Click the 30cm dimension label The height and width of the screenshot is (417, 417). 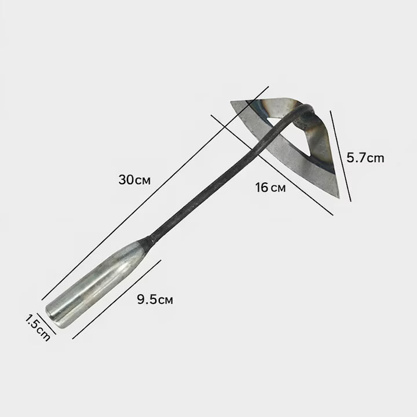(x=134, y=180)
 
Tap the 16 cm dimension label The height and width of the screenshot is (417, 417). (x=270, y=188)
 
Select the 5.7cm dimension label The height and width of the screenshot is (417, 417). (x=365, y=158)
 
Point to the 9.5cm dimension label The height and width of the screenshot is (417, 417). (x=155, y=299)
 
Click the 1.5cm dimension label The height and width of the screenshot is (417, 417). (x=38, y=328)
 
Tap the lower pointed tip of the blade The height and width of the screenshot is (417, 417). (x=339, y=197)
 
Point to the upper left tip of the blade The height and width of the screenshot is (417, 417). (x=231, y=101)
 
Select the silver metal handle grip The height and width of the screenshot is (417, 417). (x=96, y=284)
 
